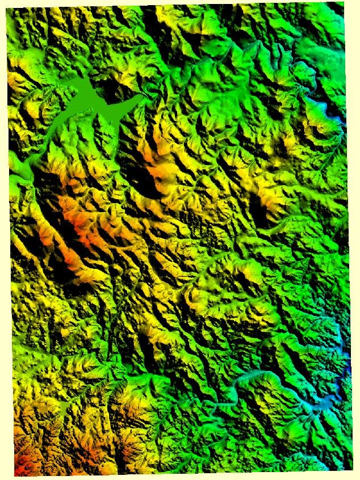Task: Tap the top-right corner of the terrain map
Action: [x=344, y=3]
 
